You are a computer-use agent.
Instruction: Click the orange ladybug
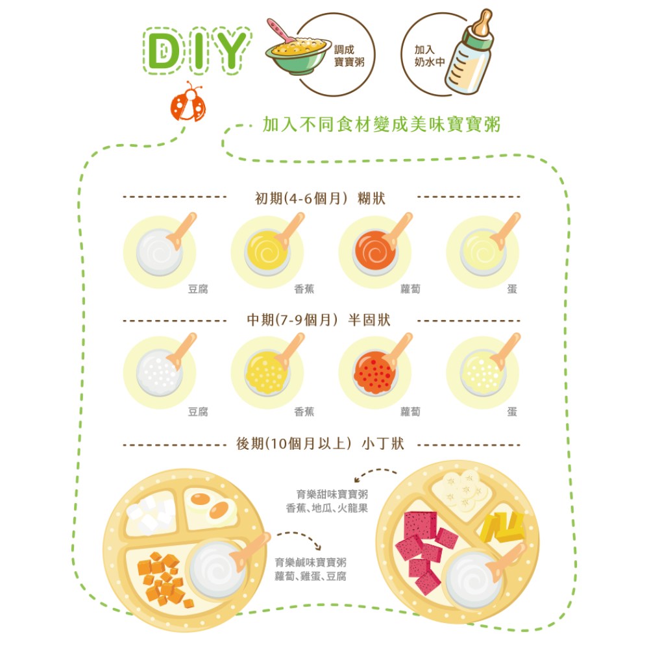pyautogui.click(x=188, y=103)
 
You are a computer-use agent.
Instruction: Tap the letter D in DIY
pyautogui.click(x=163, y=51)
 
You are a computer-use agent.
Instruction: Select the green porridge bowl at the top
pyautogui.click(x=297, y=53)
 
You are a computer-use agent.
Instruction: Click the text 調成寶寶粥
pyautogui.click(x=349, y=56)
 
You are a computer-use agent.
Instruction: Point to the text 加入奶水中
pyautogui.click(x=429, y=56)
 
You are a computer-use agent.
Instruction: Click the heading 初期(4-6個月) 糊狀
pyautogui.click(x=320, y=199)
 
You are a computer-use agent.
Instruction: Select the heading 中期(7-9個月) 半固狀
pyautogui.click(x=318, y=320)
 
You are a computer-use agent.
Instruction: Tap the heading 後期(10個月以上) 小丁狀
pyautogui.click(x=320, y=444)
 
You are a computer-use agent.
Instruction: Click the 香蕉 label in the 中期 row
pyautogui.click(x=304, y=411)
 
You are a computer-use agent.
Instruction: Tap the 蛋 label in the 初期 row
pyautogui.click(x=512, y=289)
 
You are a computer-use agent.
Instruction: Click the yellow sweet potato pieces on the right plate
pyautogui.click(x=502, y=527)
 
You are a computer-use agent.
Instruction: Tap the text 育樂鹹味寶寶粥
pyautogui.click(x=310, y=563)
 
